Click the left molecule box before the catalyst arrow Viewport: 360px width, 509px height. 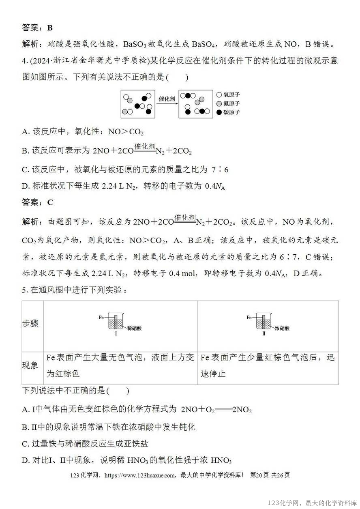(x=138, y=104)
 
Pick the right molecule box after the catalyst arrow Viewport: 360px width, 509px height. (x=196, y=104)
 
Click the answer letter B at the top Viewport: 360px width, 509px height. (x=50, y=28)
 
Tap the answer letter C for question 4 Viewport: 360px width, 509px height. (x=50, y=202)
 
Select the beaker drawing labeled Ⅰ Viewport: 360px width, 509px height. (x=116, y=322)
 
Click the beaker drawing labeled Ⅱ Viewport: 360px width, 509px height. (x=264, y=322)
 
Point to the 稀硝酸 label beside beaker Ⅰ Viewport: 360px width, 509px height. (x=135, y=328)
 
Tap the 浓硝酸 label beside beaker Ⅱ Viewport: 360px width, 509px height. (x=283, y=328)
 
